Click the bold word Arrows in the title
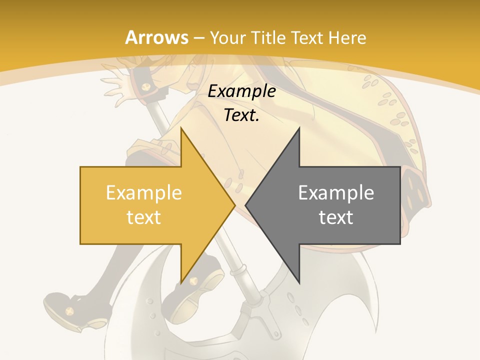(x=156, y=37)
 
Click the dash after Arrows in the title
(x=199, y=38)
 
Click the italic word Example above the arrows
(x=241, y=91)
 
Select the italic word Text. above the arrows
(x=241, y=115)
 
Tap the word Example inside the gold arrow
(x=144, y=193)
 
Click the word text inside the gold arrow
(x=144, y=217)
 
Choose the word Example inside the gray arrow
(x=336, y=193)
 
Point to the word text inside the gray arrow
(x=336, y=217)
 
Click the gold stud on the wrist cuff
(x=145, y=88)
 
